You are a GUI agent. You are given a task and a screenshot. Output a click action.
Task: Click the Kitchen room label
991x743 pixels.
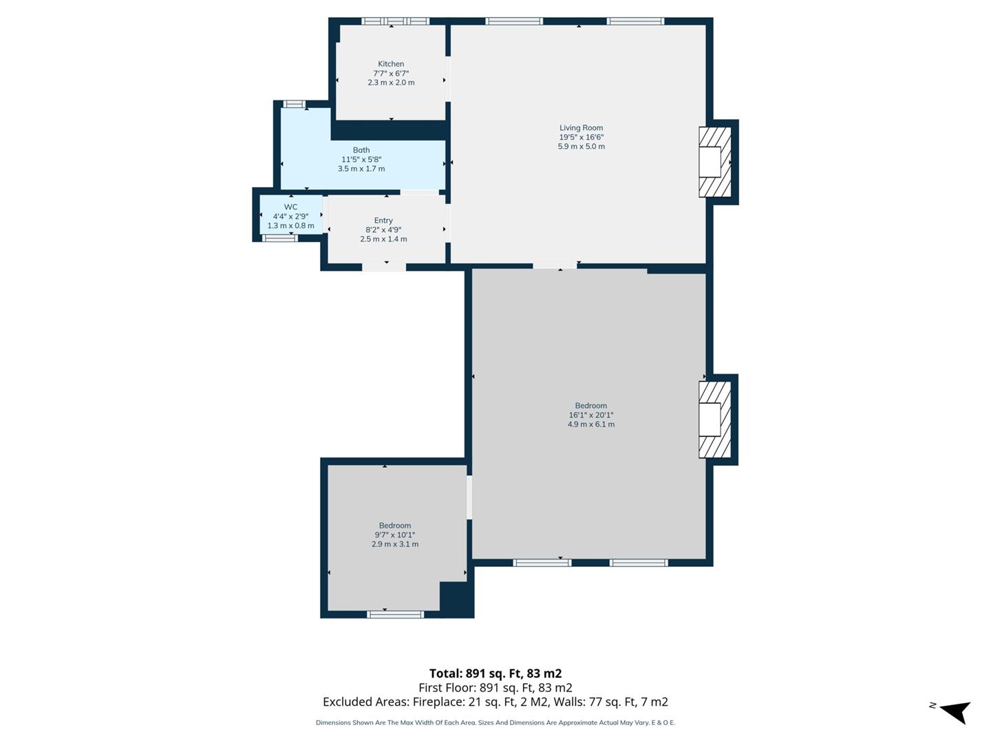click(x=391, y=64)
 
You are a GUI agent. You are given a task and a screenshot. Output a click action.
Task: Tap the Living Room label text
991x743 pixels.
click(x=581, y=128)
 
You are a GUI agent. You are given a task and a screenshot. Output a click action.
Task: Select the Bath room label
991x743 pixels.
click(x=361, y=150)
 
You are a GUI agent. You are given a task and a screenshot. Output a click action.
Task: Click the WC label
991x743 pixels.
click(x=290, y=207)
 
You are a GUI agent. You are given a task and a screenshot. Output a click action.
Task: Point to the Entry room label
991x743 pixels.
click(x=383, y=221)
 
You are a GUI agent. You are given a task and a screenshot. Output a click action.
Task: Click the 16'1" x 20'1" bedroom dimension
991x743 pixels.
click(x=590, y=415)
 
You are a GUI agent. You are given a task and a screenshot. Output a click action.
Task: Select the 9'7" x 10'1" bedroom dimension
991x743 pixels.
click(x=394, y=535)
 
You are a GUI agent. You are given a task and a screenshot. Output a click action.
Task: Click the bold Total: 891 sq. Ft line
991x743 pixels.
click(x=495, y=674)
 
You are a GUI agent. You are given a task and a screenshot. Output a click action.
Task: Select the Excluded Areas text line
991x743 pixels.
click(x=495, y=702)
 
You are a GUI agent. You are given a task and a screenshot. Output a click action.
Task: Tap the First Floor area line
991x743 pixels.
click(x=495, y=688)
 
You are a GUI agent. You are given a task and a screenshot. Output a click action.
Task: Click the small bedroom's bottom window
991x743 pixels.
click(x=395, y=614)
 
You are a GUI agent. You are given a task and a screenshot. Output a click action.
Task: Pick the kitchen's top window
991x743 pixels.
click(x=396, y=21)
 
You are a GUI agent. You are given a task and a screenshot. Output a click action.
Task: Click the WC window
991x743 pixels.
click(x=280, y=238)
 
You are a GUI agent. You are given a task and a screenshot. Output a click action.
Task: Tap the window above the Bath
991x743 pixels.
click(x=295, y=104)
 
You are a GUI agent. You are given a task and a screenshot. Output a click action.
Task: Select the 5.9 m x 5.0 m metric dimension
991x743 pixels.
click(x=581, y=147)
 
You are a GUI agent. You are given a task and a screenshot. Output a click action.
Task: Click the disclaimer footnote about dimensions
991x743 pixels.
click(x=495, y=723)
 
